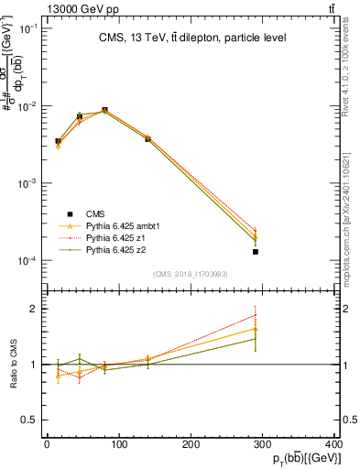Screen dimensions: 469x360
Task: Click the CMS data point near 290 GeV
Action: pyautogui.click(x=256, y=251)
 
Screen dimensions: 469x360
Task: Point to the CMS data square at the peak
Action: pyautogui.click(x=105, y=110)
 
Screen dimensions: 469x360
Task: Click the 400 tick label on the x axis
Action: pyautogui.click(x=337, y=443)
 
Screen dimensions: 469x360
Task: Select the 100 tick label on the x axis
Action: pyautogui.click(x=119, y=443)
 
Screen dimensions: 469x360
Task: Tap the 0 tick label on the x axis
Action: pyautogui.click(x=47, y=443)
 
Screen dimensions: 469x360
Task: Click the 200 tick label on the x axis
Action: pyautogui.click(x=191, y=443)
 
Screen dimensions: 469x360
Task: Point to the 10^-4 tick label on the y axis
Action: pyautogui.click(x=27, y=261)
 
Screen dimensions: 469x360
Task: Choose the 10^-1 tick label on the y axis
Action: pyautogui.click(x=27, y=28)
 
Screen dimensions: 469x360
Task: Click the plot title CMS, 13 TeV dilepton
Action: pyautogui.click(x=193, y=38)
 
